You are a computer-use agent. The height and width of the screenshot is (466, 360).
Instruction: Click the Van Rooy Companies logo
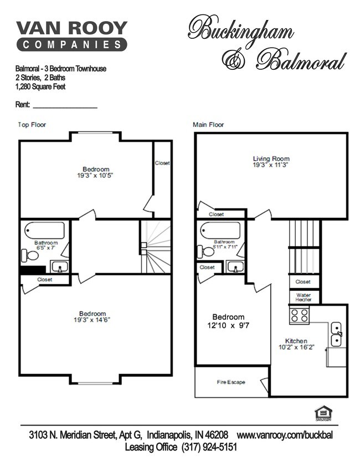(72, 36)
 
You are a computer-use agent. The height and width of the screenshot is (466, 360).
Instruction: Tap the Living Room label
(271, 159)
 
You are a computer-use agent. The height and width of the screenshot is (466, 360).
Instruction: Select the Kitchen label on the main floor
(296, 341)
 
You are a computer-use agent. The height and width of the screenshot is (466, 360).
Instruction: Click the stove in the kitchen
(300, 316)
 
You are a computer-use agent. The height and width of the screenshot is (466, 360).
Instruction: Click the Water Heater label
(304, 298)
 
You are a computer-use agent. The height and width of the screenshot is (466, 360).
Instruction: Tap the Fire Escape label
(230, 382)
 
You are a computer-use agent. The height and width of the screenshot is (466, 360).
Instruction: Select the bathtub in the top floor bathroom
(45, 230)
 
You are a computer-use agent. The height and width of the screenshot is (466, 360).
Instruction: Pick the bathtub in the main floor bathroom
(220, 230)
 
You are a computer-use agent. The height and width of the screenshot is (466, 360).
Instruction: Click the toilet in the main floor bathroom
(207, 252)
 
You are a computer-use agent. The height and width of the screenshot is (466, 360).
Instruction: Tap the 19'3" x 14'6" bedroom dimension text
(92, 320)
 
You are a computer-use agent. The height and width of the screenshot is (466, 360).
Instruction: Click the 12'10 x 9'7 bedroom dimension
(228, 325)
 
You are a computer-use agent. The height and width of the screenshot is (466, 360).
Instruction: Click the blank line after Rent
(65, 105)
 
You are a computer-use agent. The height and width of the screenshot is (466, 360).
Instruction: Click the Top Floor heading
(32, 125)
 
